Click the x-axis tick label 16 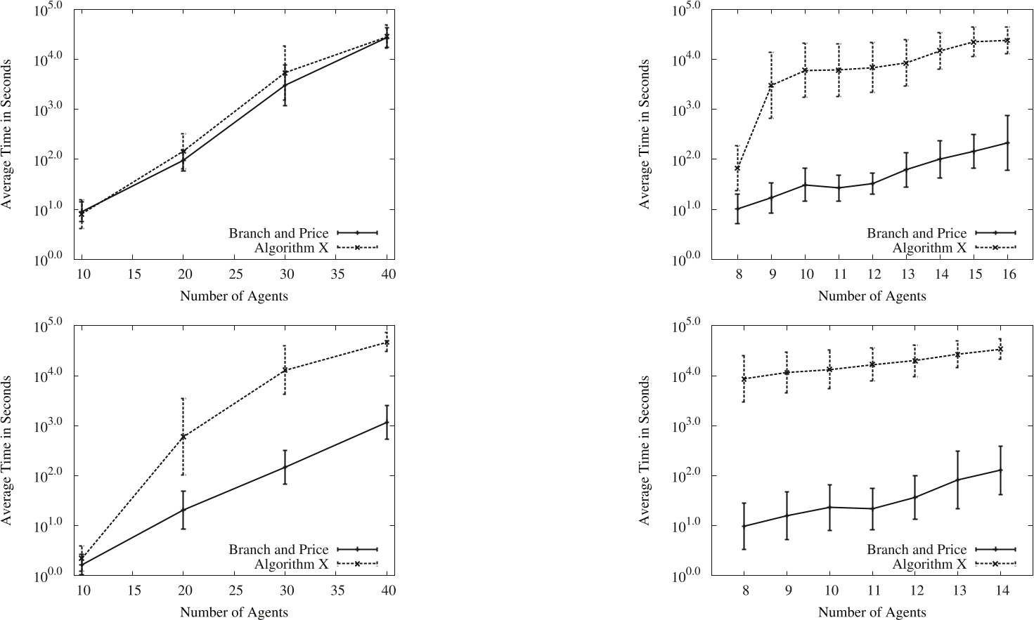tap(1009, 275)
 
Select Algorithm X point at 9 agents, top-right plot tap(771, 85)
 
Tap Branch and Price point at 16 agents tap(1007, 143)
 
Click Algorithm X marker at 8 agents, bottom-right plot tap(744, 379)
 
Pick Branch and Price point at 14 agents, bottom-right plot tap(1000, 470)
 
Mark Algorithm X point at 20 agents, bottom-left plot tap(183, 437)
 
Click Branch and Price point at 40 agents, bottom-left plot tap(387, 422)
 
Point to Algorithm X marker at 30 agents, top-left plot tap(285, 72)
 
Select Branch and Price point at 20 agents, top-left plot tap(183, 160)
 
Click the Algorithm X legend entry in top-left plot tap(291, 248)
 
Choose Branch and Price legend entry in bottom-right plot tap(917, 550)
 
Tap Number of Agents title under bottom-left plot tap(234, 612)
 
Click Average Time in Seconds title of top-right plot tap(645, 133)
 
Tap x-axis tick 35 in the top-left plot tap(338, 275)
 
